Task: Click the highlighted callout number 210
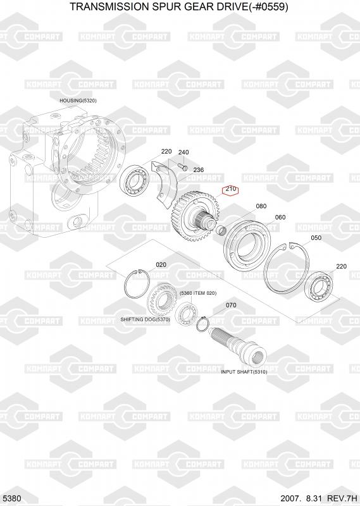coord(230,189)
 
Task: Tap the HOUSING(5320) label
coord(78,101)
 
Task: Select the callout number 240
coord(183,152)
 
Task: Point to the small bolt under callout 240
coord(183,166)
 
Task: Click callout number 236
coord(198,170)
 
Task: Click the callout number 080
coord(261,206)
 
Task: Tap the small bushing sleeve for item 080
coord(221,231)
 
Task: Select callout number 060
coord(280,218)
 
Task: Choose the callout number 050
coord(316,238)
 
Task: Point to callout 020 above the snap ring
coord(161,265)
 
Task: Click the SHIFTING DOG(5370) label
coord(145,319)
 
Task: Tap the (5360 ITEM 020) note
coord(198,293)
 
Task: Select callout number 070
coord(231,305)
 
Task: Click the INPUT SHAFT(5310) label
coord(244,372)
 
